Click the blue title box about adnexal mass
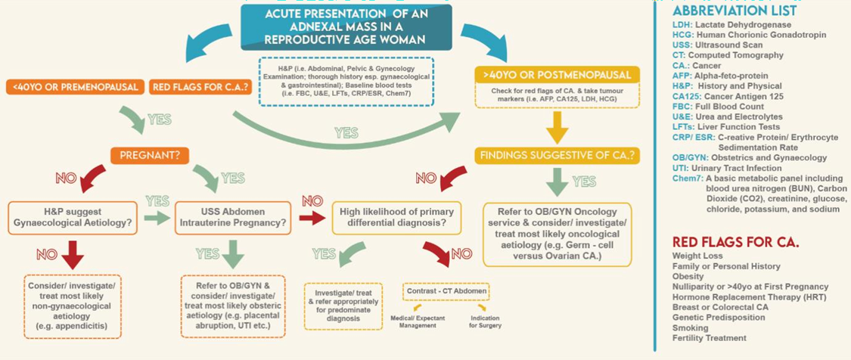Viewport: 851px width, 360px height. click(346, 27)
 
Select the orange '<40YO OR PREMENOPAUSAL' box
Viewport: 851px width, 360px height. click(75, 87)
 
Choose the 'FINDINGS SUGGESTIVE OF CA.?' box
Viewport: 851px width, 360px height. click(557, 156)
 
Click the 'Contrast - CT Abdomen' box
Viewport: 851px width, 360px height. click(445, 290)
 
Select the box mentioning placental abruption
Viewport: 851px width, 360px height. click(234, 306)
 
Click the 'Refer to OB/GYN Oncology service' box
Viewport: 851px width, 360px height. click(558, 233)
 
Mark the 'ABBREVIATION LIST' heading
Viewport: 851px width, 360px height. click(734, 11)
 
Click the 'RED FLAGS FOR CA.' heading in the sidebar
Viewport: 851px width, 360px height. click(735, 243)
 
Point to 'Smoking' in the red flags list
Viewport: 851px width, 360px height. click(690, 328)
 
